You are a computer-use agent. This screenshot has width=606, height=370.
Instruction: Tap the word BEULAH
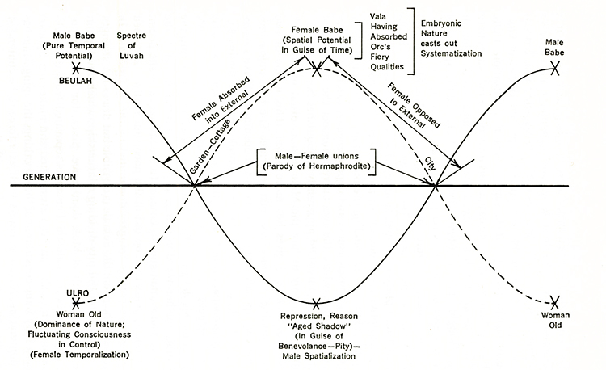point(75,82)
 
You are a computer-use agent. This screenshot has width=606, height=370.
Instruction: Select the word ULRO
point(67,294)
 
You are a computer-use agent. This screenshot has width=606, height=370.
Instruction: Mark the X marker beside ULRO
point(78,304)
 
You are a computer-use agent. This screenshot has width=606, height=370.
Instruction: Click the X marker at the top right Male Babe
point(555,69)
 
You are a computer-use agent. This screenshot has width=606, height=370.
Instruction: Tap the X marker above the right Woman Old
point(554,301)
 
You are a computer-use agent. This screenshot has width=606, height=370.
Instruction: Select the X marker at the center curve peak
point(318,70)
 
